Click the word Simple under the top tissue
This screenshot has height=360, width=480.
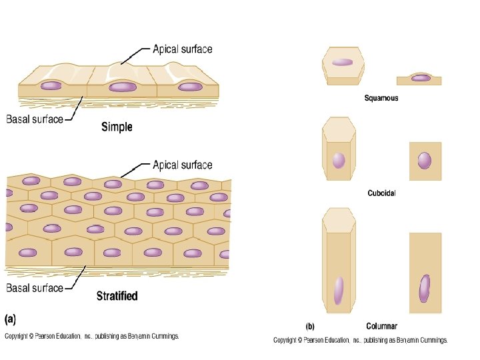click(x=117, y=127)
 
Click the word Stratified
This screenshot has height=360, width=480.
click(x=117, y=295)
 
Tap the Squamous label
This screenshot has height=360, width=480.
click(x=381, y=98)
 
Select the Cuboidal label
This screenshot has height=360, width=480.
click(x=381, y=193)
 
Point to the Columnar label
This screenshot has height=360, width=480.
click(x=383, y=327)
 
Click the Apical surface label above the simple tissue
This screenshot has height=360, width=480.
click(x=183, y=49)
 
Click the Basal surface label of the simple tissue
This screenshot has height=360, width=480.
click(x=35, y=120)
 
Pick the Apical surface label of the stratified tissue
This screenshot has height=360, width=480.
click(x=183, y=165)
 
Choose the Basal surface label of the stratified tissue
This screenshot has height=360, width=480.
click(x=35, y=288)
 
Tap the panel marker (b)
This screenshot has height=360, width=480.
click(x=310, y=327)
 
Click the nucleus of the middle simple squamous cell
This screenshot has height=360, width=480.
click(x=123, y=87)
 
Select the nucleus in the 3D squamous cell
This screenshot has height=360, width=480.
click(x=342, y=62)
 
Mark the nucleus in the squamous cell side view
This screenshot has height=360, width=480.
click(x=420, y=78)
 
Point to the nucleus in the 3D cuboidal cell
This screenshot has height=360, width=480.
click(x=339, y=161)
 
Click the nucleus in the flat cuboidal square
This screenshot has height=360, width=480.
click(x=425, y=161)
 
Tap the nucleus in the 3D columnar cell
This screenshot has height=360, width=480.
click(x=339, y=290)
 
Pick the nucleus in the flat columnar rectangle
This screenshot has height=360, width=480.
click(x=425, y=289)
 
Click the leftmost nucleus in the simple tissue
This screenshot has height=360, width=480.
click(x=51, y=86)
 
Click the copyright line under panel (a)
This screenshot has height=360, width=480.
click(x=92, y=337)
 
